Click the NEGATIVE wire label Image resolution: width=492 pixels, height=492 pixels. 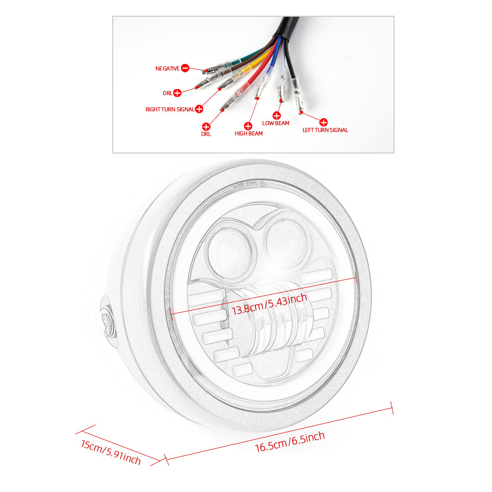tap(168, 68)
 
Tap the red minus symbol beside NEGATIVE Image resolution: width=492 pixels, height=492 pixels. tap(185, 68)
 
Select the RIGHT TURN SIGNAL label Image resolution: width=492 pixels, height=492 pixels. tap(170, 109)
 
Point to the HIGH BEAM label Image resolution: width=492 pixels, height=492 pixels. tap(248, 133)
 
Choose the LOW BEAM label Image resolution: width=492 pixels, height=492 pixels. tap(276, 123)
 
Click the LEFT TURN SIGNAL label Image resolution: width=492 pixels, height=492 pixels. tap(325, 130)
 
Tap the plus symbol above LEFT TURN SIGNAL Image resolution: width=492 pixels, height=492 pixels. tap(323, 122)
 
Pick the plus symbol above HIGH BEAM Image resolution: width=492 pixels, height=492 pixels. tap(248, 126)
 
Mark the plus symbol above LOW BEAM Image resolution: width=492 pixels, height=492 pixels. tap(277, 116)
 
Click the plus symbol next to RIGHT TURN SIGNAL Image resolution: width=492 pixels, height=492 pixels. tap(199, 109)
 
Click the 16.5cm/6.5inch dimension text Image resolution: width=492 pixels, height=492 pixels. tap(290, 442)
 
